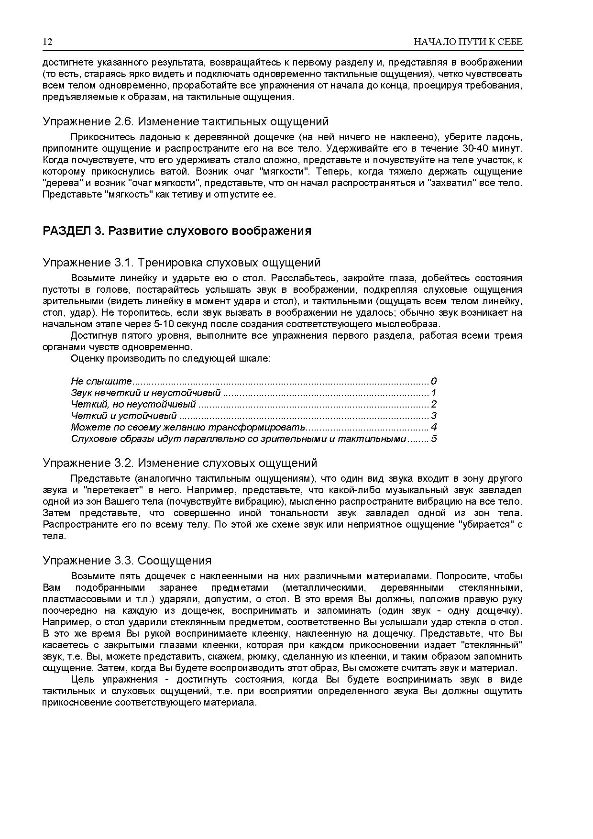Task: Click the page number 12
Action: (x=47, y=42)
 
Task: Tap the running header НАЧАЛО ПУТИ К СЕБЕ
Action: (x=468, y=42)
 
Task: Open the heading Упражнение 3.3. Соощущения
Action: (x=127, y=560)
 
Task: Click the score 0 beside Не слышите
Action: (x=434, y=381)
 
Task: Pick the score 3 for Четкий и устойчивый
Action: (x=434, y=416)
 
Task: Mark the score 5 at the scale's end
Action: (x=434, y=439)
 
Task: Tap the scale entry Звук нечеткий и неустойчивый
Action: (x=145, y=393)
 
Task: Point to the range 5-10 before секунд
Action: (x=163, y=324)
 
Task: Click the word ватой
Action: (x=167, y=171)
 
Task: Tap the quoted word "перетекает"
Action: (x=113, y=490)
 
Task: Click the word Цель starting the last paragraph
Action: (x=81, y=679)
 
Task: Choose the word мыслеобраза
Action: (x=412, y=324)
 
